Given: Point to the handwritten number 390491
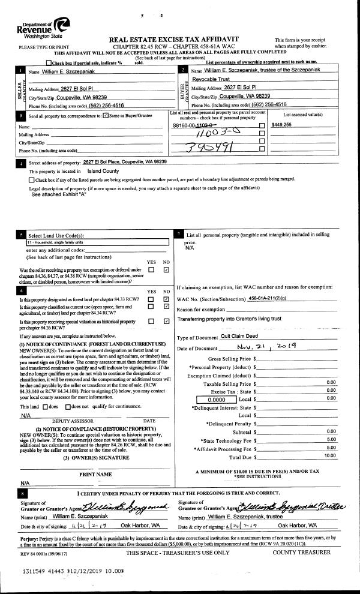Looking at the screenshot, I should (206, 147).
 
